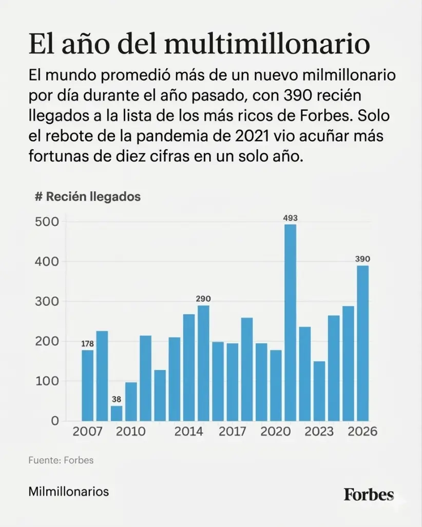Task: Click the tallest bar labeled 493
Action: pyautogui.click(x=290, y=323)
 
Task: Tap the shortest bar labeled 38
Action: pyautogui.click(x=117, y=413)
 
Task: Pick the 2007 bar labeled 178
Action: pyautogui.click(x=88, y=385)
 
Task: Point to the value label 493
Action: pyautogui.click(x=290, y=218)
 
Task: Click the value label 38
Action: pyautogui.click(x=117, y=399)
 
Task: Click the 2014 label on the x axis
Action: pyautogui.click(x=188, y=432)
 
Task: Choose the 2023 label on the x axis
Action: pyautogui.click(x=319, y=432)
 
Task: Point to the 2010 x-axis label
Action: pyautogui.click(x=131, y=432)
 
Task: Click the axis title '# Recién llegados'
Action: pyautogui.click(x=87, y=196)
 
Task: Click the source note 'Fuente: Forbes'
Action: pyautogui.click(x=61, y=460)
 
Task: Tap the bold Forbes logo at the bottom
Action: pyautogui.click(x=369, y=495)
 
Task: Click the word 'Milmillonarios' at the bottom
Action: pyautogui.click(x=69, y=492)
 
